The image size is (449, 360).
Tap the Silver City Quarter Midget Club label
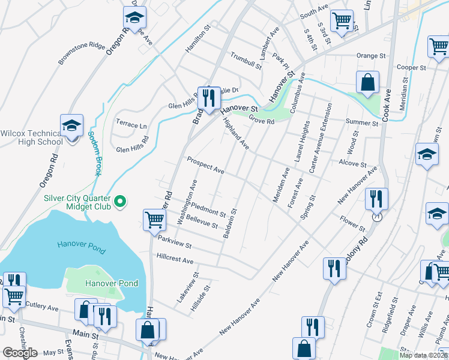[77, 201]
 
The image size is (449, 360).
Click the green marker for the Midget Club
[120, 201]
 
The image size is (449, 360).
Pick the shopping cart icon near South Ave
[342, 22]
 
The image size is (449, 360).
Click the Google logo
[20, 352]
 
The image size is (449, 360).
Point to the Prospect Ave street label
[205, 166]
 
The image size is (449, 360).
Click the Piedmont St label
[209, 209]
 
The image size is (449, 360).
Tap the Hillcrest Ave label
[175, 261]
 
